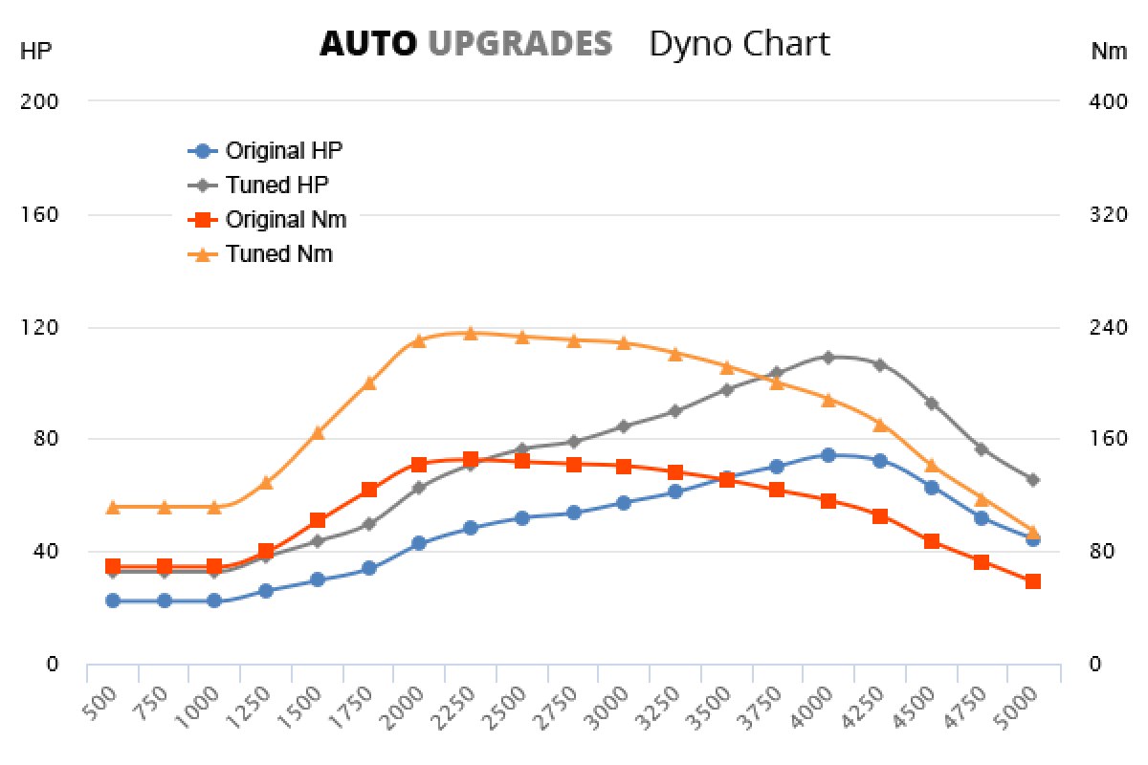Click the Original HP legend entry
[x=283, y=150]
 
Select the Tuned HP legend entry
[x=277, y=185]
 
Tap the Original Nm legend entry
[x=285, y=219]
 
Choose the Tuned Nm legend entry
[x=278, y=253]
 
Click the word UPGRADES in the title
[x=519, y=44]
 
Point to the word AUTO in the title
[x=368, y=44]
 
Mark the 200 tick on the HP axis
[x=39, y=100]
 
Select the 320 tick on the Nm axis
[x=1109, y=214]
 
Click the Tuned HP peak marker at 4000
[x=828, y=357]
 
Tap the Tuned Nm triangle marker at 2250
[x=471, y=333]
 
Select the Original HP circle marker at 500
[x=113, y=601]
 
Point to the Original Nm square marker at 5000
[x=1033, y=581]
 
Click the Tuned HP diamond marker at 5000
[x=1033, y=479]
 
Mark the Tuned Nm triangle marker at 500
[x=113, y=507]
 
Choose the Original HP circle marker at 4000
[x=828, y=455]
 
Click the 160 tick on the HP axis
[x=39, y=214]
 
